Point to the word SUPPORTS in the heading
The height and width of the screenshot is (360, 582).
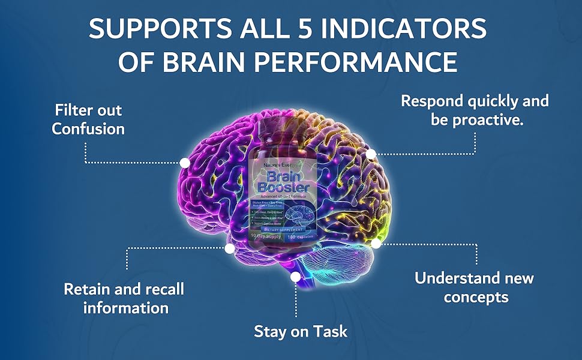point(155,29)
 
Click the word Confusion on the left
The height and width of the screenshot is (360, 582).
point(88,128)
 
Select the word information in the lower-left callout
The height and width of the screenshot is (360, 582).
point(125,308)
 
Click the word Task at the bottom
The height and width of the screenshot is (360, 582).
point(328,331)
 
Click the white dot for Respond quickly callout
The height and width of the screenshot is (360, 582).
point(371,154)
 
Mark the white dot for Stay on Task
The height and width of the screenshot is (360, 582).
point(295,277)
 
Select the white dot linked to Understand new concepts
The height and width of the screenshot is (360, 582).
point(376,244)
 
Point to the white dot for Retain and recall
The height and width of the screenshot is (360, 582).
point(229,248)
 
